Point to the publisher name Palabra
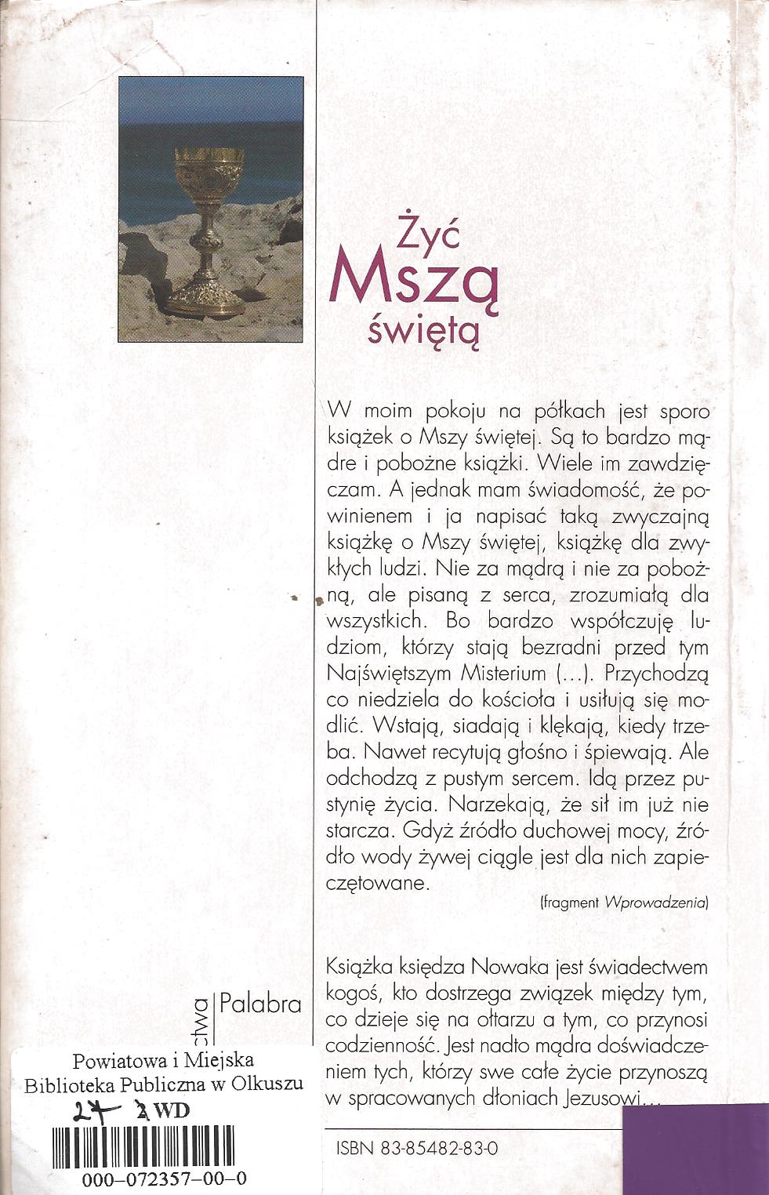pyautogui.click(x=261, y=1003)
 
